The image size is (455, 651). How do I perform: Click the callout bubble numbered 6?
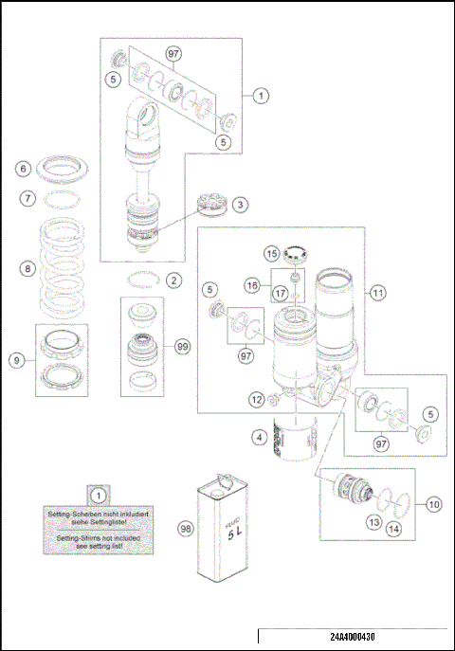tap(26, 169)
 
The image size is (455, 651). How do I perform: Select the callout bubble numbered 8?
tap(26, 268)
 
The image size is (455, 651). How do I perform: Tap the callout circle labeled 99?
tap(183, 348)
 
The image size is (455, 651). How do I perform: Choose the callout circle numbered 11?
tap(378, 294)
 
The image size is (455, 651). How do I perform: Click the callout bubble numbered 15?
tap(271, 255)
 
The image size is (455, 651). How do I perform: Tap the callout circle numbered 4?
tap(257, 438)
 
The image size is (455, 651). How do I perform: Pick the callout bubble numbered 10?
tap(433, 503)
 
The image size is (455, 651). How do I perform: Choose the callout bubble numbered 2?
tap(173, 280)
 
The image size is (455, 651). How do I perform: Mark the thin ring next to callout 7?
tap(64, 199)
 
